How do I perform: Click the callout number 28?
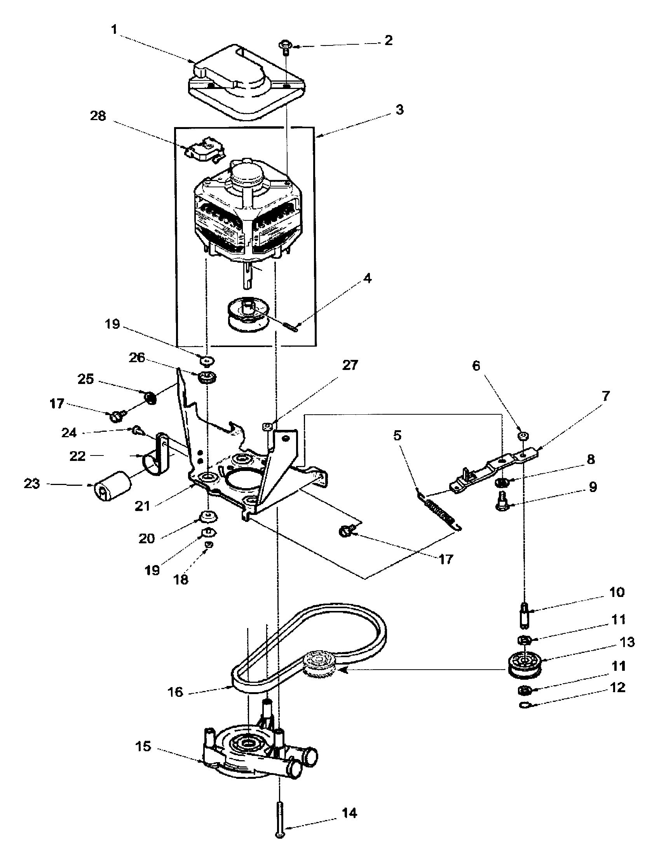(98, 116)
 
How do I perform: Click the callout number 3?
(399, 110)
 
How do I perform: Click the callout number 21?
(143, 506)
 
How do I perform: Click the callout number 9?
(593, 487)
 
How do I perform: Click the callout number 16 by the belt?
(175, 692)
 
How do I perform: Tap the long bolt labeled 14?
(280, 816)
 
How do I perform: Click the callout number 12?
(618, 688)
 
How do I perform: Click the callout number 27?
(350, 365)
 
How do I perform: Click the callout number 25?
(86, 379)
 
